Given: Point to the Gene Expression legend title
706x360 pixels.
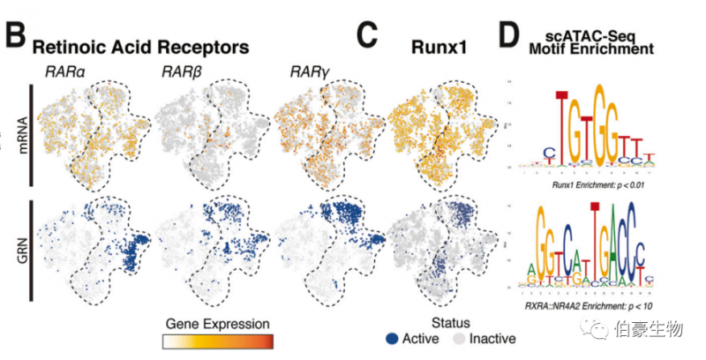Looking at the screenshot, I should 217,322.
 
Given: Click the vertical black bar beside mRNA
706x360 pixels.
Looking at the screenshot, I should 32,136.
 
